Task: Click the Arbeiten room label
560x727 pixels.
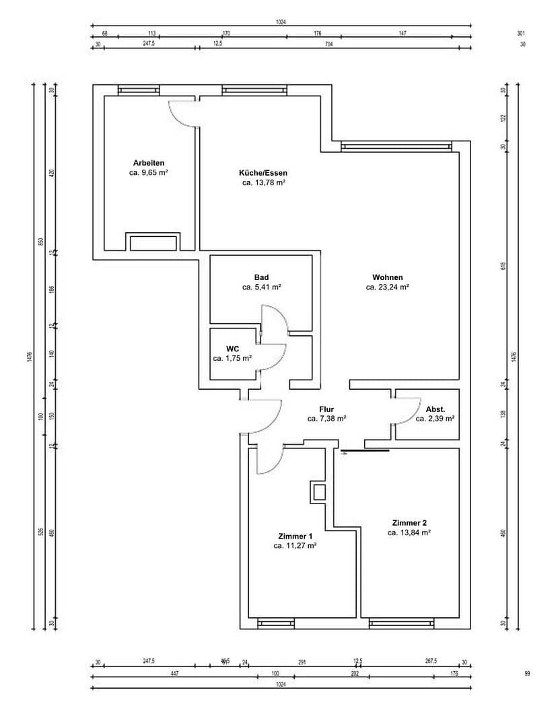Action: (149, 163)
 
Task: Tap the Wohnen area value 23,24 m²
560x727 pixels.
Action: (388, 287)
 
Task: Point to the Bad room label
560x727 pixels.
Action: (261, 277)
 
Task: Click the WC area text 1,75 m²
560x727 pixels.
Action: (232, 359)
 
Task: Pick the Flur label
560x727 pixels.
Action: (326, 409)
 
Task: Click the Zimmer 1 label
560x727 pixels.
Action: (295, 536)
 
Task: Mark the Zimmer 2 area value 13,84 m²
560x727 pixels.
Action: (409, 532)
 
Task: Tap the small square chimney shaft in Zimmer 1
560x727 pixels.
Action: (319, 492)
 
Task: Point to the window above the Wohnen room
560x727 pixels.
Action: (396, 146)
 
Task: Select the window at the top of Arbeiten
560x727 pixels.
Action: (139, 90)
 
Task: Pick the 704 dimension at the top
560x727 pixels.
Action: (329, 45)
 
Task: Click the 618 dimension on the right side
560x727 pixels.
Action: (503, 265)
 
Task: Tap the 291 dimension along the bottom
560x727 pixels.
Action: (302, 662)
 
